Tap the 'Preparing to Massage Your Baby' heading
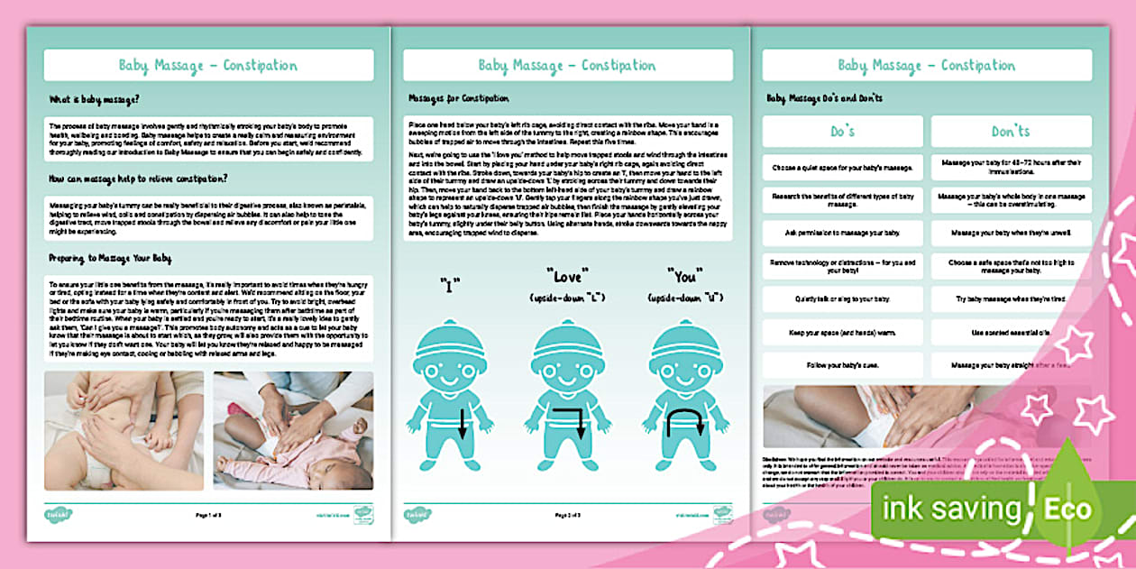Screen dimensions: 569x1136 coord(110,258)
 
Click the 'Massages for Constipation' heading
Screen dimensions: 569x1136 coord(459,98)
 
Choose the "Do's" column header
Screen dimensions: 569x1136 coord(842,132)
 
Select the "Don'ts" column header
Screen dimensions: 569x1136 coord(1010,132)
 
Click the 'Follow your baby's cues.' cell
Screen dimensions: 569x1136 coord(842,365)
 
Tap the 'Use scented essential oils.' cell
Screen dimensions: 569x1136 coord(1010,332)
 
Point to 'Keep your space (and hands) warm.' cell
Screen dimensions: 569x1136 coord(842,332)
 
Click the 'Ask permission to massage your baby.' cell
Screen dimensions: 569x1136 coord(842,234)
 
